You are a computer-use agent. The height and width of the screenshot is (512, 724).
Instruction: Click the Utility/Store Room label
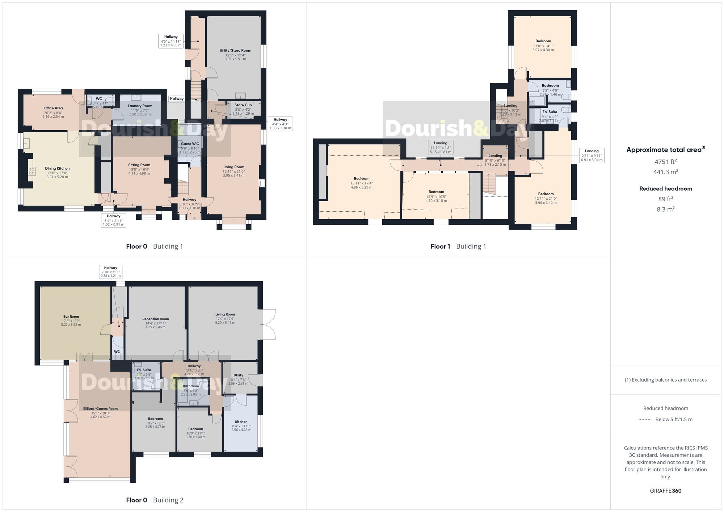point(235,51)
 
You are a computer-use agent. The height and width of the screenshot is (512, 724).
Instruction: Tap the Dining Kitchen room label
point(57,168)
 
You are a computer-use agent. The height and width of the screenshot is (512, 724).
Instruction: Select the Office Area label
point(53,108)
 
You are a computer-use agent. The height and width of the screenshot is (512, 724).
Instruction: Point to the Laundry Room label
point(140,106)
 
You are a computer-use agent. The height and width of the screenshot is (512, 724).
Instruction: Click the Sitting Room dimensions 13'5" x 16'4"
point(139,169)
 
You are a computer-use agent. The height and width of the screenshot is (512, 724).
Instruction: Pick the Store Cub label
point(243,105)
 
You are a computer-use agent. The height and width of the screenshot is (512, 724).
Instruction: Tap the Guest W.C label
point(190,144)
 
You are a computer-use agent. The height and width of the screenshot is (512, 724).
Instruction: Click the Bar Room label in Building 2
point(71,317)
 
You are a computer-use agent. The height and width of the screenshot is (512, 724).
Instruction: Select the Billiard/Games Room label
point(100,409)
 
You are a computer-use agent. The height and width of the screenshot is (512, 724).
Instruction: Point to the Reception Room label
point(155,319)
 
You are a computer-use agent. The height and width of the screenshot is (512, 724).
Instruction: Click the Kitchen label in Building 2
point(241,422)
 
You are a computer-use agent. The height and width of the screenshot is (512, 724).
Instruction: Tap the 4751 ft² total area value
point(665,162)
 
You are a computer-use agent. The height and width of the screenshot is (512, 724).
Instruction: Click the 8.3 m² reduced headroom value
point(665,209)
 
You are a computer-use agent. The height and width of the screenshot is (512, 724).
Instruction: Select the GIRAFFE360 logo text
point(665,491)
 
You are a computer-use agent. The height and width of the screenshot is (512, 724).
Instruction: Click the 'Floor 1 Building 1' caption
point(458,246)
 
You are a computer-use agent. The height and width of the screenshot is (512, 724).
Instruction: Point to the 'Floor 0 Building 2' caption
point(155,500)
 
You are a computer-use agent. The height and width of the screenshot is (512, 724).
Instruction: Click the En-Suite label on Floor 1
point(550,112)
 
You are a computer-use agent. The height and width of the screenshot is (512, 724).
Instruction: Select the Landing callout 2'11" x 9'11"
point(592,155)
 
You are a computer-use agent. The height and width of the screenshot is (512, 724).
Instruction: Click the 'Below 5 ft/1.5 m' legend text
point(674,419)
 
